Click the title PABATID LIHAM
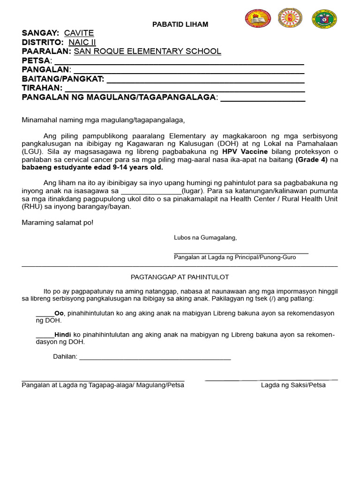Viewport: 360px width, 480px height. (180, 24)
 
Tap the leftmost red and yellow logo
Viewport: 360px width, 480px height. (258, 19)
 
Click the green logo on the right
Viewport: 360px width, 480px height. (324, 19)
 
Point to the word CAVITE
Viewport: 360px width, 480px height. (79, 33)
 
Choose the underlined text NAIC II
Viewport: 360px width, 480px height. (82, 43)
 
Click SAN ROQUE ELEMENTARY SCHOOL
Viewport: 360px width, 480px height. (147, 52)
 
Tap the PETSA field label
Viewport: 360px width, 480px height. (36, 61)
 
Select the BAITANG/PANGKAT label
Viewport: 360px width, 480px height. (63, 79)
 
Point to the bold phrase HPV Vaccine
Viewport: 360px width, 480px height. (245, 152)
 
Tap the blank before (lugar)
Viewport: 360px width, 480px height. (151, 191)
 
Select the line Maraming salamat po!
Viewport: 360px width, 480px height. (58, 222)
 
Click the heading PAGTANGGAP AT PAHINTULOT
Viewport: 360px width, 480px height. (180, 277)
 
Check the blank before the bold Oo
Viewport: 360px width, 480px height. (45, 314)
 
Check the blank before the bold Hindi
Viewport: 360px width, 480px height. (45, 336)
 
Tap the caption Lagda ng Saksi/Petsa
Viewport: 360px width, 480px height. (293, 385)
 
